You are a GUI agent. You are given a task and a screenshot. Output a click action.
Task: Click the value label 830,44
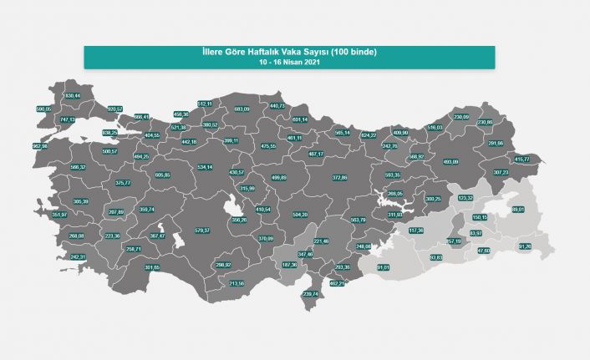coord(72,96)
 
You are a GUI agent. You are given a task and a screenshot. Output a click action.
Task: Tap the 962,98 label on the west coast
coord(39,145)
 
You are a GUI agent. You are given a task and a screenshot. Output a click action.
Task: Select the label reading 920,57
coord(114,109)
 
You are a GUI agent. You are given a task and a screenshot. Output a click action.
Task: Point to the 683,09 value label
coord(242,109)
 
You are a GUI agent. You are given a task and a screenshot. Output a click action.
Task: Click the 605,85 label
coord(162,175)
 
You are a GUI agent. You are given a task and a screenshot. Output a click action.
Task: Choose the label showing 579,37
coord(201,230)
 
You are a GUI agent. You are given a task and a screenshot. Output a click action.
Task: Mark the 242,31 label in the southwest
coord(79,257)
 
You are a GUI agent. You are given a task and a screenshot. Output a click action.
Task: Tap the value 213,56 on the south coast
coord(237,284)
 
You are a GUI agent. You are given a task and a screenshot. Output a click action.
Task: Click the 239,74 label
coord(311,294)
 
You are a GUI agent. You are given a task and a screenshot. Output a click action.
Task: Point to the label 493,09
coord(450,161)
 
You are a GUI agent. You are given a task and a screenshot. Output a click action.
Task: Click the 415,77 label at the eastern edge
coord(521,159)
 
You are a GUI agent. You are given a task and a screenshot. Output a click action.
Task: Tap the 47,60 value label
coord(483,251)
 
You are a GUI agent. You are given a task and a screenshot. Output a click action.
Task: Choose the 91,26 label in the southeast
coord(524,246)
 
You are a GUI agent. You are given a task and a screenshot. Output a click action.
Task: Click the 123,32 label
coord(466,197)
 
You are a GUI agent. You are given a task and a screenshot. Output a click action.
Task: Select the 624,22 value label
coord(369,134)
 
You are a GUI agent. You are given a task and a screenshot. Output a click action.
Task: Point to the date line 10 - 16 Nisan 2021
coord(288,63)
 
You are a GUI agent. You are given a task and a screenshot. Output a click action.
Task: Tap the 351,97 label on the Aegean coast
coord(59,215)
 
